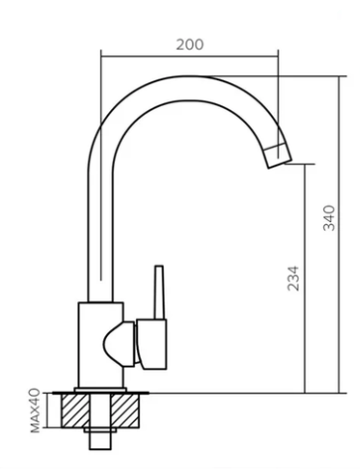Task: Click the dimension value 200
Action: pos(189,45)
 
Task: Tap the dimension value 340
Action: pos(329,218)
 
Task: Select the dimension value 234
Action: pos(294,279)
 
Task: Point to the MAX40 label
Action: pos(35,410)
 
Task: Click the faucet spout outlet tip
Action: pos(280,157)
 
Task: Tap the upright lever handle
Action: pos(160,293)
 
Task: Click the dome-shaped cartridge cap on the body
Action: pos(119,344)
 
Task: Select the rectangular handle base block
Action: pos(152,344)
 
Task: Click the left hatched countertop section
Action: pos(75,410)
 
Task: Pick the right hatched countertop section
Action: pos(125,410)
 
